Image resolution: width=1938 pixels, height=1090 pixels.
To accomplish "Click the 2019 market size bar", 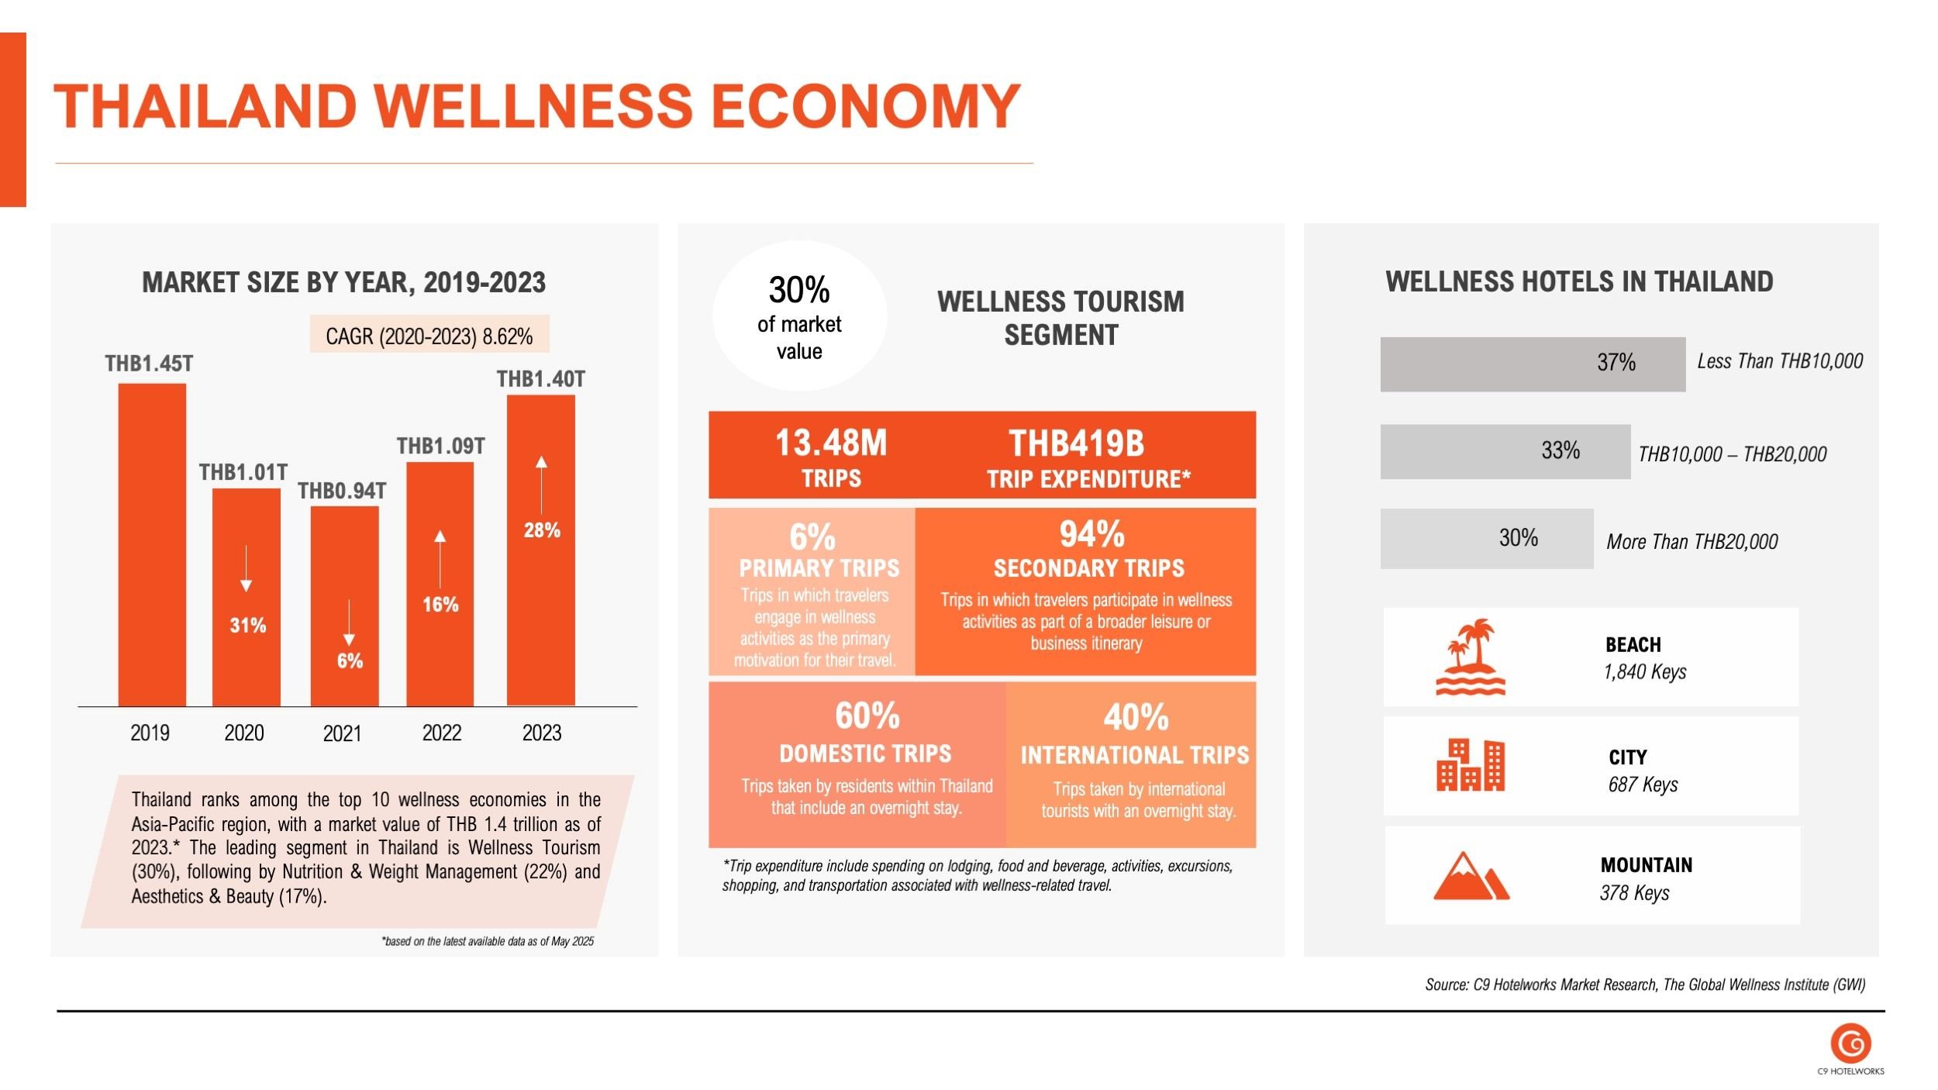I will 152,544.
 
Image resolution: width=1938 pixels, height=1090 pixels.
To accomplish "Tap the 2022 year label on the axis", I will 441,733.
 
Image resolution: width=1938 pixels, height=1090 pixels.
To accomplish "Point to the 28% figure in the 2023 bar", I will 542,530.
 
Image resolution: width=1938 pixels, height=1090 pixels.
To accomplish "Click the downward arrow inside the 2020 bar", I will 246,568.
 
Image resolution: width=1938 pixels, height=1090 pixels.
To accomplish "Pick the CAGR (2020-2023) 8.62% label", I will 429,336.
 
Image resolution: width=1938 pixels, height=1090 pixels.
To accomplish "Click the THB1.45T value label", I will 149,364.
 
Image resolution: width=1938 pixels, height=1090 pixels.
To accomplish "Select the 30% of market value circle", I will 799,316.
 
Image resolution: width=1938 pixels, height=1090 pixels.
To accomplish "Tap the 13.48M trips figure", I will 831,443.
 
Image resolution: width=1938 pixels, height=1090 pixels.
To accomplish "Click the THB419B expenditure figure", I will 1076,443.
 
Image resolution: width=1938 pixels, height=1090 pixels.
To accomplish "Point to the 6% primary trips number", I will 812,536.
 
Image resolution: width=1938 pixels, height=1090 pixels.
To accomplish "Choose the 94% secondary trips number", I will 1091,533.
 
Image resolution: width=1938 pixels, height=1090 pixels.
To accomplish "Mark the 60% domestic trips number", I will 867,716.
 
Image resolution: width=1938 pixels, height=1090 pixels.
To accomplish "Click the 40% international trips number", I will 1136,717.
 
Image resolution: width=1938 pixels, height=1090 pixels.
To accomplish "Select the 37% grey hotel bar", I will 1532,364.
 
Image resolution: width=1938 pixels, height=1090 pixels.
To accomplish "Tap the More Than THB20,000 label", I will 1691,541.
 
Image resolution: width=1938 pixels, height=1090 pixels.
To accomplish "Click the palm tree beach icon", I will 1470,657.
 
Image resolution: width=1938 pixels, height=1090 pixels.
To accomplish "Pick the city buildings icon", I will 1470,765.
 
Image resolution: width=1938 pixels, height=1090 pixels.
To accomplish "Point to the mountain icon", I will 1470,876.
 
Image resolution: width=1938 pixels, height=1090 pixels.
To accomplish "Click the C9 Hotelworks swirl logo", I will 1850,1043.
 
